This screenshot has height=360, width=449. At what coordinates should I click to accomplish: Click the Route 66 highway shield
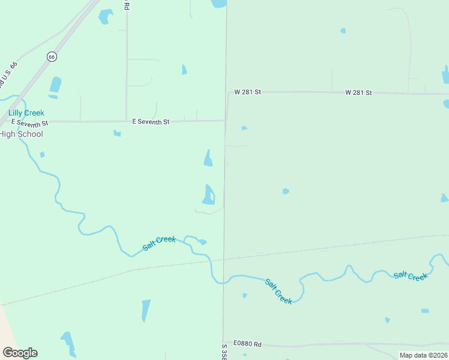(x=52, y=56)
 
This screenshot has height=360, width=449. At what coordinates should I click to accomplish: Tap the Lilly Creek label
(x=26, y=113)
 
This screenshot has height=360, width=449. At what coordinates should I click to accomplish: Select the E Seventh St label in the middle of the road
(x=151, y=121)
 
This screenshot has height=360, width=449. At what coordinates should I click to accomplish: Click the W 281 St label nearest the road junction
(x=248, y=92)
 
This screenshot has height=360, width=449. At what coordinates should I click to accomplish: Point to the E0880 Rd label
(x=248, y=344)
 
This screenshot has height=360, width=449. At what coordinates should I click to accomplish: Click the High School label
(x=22, y=134)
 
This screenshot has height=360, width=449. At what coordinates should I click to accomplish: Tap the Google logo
(x=20, y=353)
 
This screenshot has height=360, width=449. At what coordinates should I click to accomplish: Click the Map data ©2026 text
(x=423, y=355)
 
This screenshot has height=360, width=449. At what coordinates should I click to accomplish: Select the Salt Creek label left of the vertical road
(x=159, y=243)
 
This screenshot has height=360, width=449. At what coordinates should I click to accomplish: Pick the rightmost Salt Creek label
(x=411, y=276)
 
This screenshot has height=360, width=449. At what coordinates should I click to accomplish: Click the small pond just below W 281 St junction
(x=244, y=128)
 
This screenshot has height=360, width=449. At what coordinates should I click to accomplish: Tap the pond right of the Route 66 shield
(x=55, y=85)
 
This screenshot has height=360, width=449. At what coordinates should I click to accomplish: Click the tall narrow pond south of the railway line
(x=146, y=310)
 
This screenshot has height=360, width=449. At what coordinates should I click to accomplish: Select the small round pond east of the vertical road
(x=286, y=191)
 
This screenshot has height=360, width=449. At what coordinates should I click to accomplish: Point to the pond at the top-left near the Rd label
(x=106, y=16)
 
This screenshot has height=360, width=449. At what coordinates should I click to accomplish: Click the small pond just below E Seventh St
(x=117, y=133)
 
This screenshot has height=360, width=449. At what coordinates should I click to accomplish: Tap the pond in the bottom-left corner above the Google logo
(x=68, y=342)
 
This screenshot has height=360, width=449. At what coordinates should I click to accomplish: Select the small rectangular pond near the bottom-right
(x=425, y=311)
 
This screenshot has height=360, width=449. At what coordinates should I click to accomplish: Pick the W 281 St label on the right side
(x=358, y=92)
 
